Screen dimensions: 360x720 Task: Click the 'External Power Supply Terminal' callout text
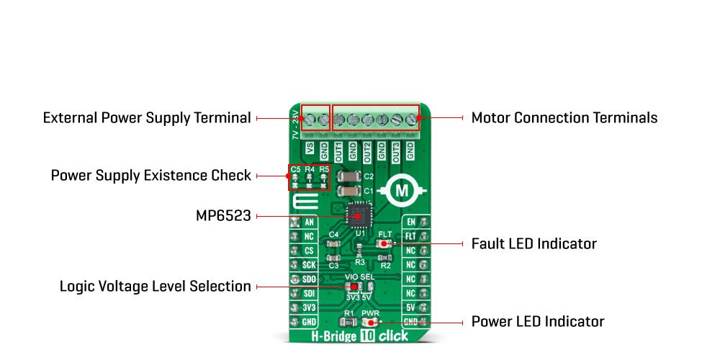pyautogui.click(x=147, y=117)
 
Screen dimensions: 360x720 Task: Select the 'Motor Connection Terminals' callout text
pyautogui.click(x=564, y=117)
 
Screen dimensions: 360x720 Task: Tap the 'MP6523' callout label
pyautogui.click(x=223, y=215)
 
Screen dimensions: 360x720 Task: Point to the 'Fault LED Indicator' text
pyautogui.click(x=534, y=243)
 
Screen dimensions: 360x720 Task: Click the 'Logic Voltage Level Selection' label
pyautogui.click(x=156, y=287)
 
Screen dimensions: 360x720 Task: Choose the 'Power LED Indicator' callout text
pyautogui.click(x=537, y=321)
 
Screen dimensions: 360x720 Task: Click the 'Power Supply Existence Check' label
pyautogui.click(x=150, y=175)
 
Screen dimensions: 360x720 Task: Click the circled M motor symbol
pyautogui.click(x=402, y=191)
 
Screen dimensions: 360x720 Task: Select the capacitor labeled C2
pyautogui.click(x=348, y=176)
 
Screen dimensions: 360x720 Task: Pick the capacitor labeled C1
pyautogui.click(x=348, y=191)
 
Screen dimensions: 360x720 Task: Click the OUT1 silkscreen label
pyautogui.click(x=338, y=151)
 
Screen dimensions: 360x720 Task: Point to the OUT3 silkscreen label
pyautogui.click(x=395, y=151)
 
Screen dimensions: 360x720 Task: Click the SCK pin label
pyautogui.click(x=309, y=264)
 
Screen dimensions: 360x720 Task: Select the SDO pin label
pyautogui.click(x=309, y=279)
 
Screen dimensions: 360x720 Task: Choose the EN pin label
pyautogui.click(x=411, y=222)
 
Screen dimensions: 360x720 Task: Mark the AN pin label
pyautogui.click(x=309, y=222)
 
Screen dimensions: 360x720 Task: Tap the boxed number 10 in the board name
pyautogui.click(x=368, y=336)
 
